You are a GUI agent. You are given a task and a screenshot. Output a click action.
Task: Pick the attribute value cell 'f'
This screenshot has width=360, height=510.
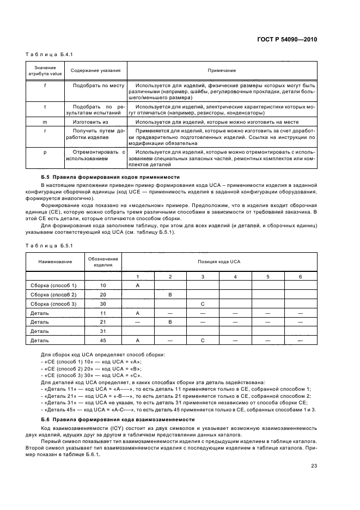[45, 86]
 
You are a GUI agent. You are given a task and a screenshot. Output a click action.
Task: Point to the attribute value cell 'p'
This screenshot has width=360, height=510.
[45, 152]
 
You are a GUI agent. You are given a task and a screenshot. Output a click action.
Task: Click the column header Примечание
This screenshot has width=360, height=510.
[221, 71]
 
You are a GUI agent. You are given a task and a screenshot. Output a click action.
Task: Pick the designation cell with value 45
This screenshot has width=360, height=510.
[103, 340]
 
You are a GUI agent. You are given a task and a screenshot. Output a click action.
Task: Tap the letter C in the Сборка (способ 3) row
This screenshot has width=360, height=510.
[203, 303]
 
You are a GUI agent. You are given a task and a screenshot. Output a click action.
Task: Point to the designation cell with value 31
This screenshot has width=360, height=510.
[103, 331]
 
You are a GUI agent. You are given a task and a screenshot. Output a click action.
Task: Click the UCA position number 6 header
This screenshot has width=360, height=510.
[300, 277]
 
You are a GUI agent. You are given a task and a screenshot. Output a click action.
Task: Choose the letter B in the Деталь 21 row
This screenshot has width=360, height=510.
[170, 322]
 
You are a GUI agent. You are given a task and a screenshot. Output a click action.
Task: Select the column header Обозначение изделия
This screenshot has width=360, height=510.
[103, 262]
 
